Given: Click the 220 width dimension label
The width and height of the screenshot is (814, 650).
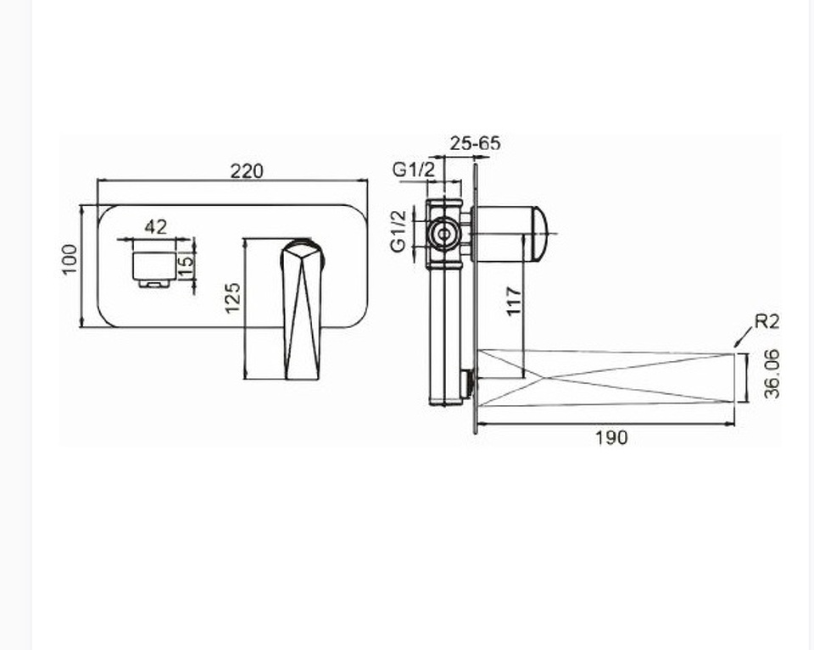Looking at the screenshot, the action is point(247,170).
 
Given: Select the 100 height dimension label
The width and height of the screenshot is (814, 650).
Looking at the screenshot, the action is point(70,259).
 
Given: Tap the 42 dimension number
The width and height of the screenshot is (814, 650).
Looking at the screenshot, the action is point(156,227).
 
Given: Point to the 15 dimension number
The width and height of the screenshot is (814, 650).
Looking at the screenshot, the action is point(186,259).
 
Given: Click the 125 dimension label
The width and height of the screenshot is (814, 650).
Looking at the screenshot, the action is point(233,297).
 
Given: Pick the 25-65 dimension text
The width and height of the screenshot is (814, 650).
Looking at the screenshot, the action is point(475,143).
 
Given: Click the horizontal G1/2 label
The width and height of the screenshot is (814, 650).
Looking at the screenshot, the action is point(413,169).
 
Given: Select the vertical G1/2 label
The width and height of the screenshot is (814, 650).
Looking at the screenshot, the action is point(399,231).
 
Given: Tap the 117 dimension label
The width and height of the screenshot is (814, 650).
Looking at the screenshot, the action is point(514,300).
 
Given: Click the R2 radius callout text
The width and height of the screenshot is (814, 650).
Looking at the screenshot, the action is point(767,322).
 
